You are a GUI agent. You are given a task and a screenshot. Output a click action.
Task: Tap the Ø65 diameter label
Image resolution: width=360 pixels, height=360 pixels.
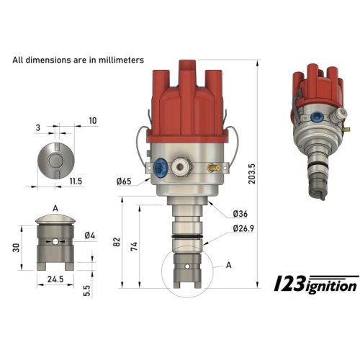(125, 181)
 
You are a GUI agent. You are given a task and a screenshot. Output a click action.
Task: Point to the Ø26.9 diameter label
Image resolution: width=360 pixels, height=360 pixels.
(244, 229)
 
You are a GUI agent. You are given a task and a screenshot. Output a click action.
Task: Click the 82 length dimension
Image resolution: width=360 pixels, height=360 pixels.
(117, 243)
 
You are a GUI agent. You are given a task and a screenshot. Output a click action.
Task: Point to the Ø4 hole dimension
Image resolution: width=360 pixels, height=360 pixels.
(89, 235)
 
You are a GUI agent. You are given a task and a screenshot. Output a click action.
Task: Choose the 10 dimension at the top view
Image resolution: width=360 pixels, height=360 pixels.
(93, 120)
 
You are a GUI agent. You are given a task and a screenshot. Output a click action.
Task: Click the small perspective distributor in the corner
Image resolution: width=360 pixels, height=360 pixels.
(315, 130)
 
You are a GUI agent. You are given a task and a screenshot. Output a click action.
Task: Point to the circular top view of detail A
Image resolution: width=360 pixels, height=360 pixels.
(56, 157)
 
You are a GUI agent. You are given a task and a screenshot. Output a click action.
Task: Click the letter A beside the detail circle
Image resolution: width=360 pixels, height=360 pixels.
(228, 264)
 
